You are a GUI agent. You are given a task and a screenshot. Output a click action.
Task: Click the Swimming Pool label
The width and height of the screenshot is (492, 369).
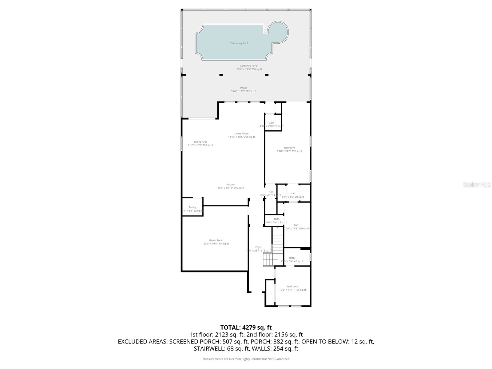point(239,43)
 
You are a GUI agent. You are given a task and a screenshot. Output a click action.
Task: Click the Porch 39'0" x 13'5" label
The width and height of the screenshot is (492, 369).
point(244,89)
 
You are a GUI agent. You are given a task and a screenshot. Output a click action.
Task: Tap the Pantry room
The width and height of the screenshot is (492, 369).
point(192,209)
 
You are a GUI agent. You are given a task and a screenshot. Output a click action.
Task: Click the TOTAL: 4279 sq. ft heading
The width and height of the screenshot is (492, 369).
point(246,327)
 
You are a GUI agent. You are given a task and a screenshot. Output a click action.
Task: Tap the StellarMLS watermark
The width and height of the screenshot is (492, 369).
point(477,184)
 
